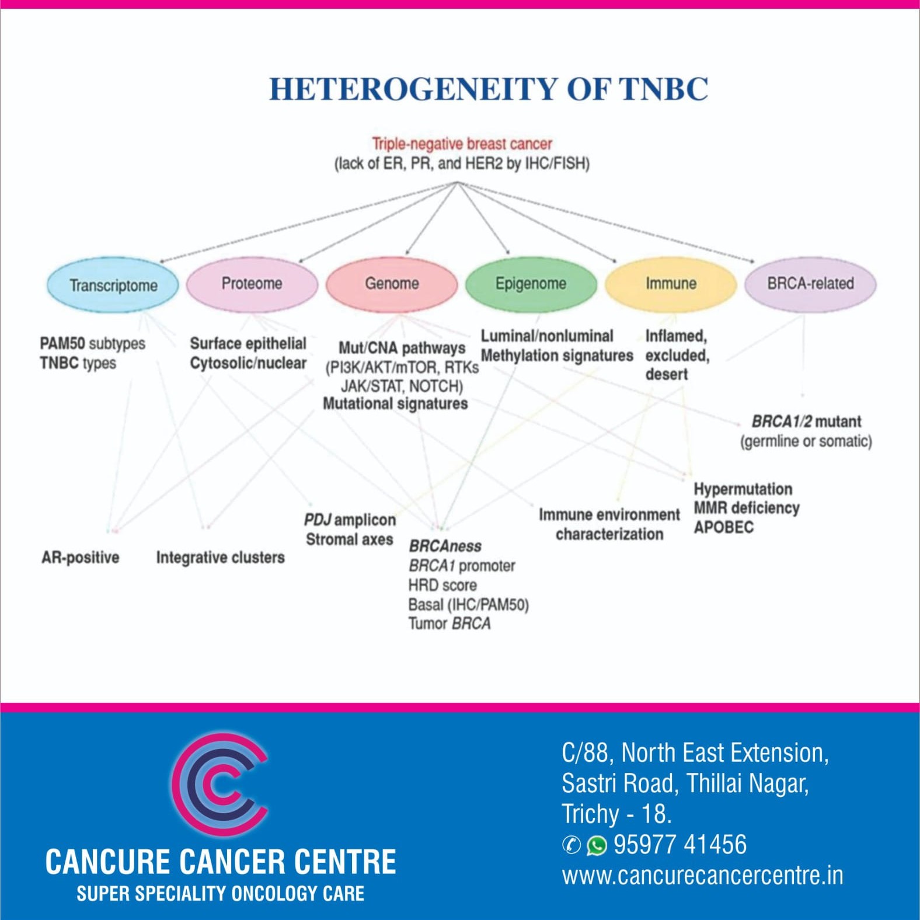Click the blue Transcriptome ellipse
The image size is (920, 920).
(113, 285)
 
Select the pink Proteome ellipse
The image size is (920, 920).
(252, 284)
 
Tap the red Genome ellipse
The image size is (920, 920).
(391, 284)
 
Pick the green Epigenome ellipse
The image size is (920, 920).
(531, 284)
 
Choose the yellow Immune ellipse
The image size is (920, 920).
(670, 284)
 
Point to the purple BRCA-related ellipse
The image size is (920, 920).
(810, 284)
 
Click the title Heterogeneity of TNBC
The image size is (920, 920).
(488, 89)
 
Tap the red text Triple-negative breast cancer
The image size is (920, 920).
(462, 144)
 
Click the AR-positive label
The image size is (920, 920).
(81, 557)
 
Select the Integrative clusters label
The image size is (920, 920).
(220, 557)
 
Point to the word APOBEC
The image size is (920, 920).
(723, 527)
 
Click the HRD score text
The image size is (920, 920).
(442, 585)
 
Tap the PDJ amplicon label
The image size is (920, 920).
(350, 520)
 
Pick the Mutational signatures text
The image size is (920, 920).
(395, 403)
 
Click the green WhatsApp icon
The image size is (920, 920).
(597, 845)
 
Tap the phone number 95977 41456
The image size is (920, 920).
(680, 845)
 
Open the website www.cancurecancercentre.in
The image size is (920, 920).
(702, 876)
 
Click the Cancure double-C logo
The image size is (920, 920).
(220, 785)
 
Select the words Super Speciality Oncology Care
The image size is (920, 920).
(220, 893)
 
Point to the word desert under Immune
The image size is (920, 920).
(666, 374)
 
